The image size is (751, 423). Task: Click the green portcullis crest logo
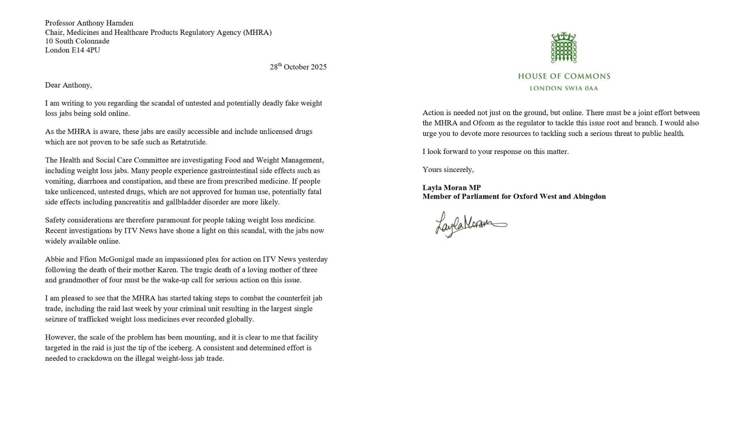[x=564, y=48]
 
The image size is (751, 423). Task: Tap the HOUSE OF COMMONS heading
[x=564, y=76]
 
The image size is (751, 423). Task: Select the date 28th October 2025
[x=298, y=67]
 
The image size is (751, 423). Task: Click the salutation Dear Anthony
[x=68, y=85]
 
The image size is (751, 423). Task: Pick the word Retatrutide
[x=188, y=142]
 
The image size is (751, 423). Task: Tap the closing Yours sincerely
[x=448, y=170]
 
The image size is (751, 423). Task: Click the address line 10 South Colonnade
[x=77, y=41]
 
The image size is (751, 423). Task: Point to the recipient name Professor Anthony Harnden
[x=89, y=23]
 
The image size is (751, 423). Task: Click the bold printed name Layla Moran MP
[x=451, y=188]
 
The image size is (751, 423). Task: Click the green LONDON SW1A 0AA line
[x=564, y=89]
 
